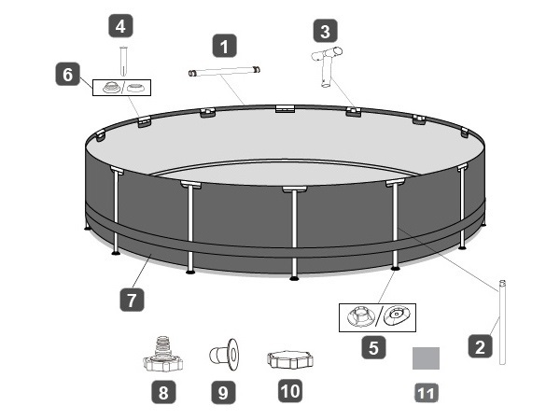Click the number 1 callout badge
click(224, 46)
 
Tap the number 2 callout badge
click(480, 346)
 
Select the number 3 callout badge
click(325, 31)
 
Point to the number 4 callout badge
click(120, 26)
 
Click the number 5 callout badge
click(373, 347)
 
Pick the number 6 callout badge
click(68, 75)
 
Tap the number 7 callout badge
click(132, 300)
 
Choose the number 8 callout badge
click(163, 392)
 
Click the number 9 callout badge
click(223, 392)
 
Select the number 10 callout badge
click(290, 391)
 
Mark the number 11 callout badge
click(427, 393)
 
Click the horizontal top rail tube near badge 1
click(224, 71)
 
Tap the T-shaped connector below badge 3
click(326, 67)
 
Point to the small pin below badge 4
click(123, 61)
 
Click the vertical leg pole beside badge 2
click(502, 322)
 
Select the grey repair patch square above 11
click(426, 358)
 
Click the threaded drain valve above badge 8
click(162, 354)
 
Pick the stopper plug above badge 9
click(224, 355)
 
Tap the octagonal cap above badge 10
click(290, 359)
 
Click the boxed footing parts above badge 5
click(377, 317)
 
